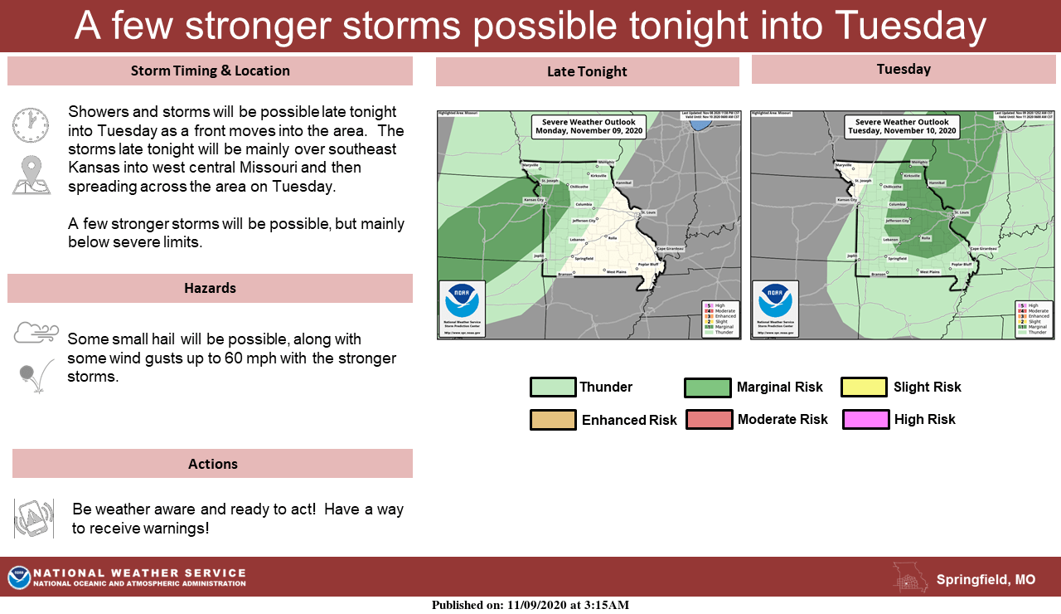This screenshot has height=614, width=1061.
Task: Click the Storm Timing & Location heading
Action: click(210, 71)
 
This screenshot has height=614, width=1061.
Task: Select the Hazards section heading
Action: click(210, 288)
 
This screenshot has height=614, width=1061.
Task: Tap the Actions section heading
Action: click(212, 464)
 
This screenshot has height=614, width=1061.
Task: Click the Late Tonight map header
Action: click(587, 72)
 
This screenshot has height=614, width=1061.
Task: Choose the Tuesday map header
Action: click(904, 69)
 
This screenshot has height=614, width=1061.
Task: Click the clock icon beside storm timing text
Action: click(31, 125)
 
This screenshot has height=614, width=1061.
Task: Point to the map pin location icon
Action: click(31, 175)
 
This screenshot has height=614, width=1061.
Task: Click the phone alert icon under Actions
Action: click(34, 519)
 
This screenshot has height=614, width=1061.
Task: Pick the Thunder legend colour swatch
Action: click(553, 387)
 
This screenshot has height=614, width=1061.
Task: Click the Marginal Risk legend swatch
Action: click(707, 387)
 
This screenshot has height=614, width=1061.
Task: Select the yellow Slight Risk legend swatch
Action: click(865, 387)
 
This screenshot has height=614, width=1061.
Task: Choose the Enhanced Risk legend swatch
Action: click(553, 420)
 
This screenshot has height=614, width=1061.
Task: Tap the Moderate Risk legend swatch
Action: click(709, 420)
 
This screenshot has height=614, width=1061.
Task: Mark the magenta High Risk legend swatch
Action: click(865, 420)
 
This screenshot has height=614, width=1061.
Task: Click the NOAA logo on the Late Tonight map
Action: click(462, 301)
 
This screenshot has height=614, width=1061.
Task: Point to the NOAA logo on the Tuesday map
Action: click(775, 301)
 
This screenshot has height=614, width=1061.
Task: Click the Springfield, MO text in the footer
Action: click(986, 580)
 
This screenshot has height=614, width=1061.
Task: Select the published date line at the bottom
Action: click(530, 605)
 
